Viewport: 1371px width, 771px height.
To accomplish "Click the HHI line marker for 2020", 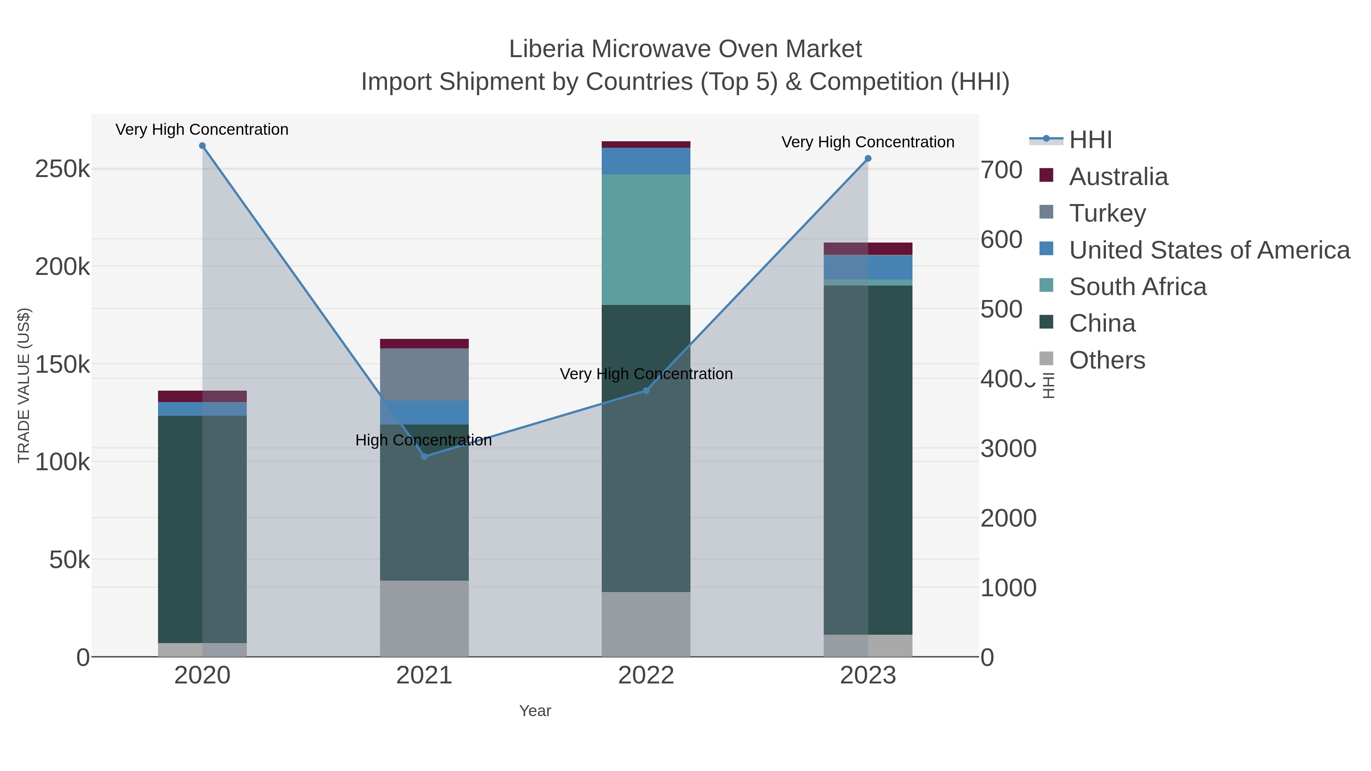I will (202, 146).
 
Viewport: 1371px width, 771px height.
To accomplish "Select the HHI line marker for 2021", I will (424, 457).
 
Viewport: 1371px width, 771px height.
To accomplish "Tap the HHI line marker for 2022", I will (646, 391).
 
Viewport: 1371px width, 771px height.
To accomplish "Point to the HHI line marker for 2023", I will (868, 158).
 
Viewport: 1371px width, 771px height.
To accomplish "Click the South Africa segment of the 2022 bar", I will (646, 239).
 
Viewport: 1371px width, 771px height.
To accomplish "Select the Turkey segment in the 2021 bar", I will (424, 374).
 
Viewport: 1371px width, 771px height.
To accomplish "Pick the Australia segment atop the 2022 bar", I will (646, 144).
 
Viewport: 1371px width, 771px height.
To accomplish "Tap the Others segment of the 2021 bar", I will (424, 618).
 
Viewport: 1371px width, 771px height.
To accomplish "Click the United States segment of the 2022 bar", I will (646, 161).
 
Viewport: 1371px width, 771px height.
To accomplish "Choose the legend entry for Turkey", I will (1107, 213).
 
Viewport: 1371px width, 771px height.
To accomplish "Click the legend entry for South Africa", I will (1137, 287).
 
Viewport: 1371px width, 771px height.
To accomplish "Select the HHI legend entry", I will (1090, 140).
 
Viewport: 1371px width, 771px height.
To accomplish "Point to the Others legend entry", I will (1106, 360).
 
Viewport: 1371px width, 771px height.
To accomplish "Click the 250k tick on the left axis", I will (62, 169).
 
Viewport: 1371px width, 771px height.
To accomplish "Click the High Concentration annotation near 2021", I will (423, 440).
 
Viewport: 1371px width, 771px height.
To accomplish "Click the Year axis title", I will (535, 711).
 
